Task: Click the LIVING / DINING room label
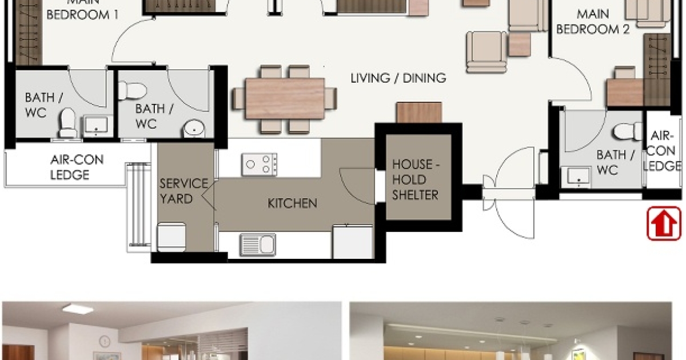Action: click(x=398, y=78)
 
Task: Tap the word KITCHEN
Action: click(x=292, y=203)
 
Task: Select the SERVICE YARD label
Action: click(x=184, y=191)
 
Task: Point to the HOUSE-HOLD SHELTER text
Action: click(x=415, y=179)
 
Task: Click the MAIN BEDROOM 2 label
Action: click(x=592, y=21)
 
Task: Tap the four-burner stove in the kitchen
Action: click(x=259, y=165)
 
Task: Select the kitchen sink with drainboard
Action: click(x=257, y=245)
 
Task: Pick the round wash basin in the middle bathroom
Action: click(x=194, y=129)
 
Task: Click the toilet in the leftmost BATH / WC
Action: click(x=68, y=122)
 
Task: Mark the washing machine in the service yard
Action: click(x=172, y=236)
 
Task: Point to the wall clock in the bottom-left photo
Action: click(x=104, y=341)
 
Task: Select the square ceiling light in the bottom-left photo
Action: click(x=78, y=309)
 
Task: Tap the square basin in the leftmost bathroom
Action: click(x=95, y=125)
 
